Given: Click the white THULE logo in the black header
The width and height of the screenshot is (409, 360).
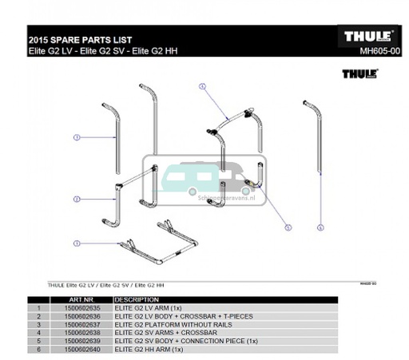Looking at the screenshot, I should (367, 37).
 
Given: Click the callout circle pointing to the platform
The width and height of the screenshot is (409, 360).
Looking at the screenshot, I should (77, 243).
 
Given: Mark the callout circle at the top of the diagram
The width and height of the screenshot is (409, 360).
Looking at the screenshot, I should (203, 85).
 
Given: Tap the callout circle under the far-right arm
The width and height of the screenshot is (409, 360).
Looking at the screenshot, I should (320, 227).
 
